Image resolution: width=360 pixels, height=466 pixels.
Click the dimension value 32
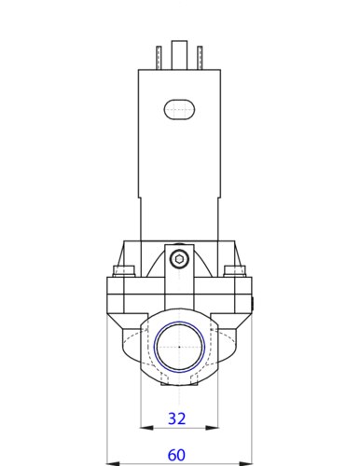(x=175, y=418)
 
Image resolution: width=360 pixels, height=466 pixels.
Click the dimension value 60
(x=175, y=455)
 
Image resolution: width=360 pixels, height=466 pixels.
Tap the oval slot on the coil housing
(x=178, y=108)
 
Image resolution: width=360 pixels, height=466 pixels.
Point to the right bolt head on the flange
(x=236, y=272)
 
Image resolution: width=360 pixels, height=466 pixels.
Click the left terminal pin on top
(x=160, y=57)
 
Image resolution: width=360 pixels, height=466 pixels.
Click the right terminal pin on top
(x=198, y=57)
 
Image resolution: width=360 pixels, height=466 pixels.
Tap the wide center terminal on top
(x=179, y=55)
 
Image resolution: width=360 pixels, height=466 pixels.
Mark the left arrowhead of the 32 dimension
(x=143, y=428)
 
